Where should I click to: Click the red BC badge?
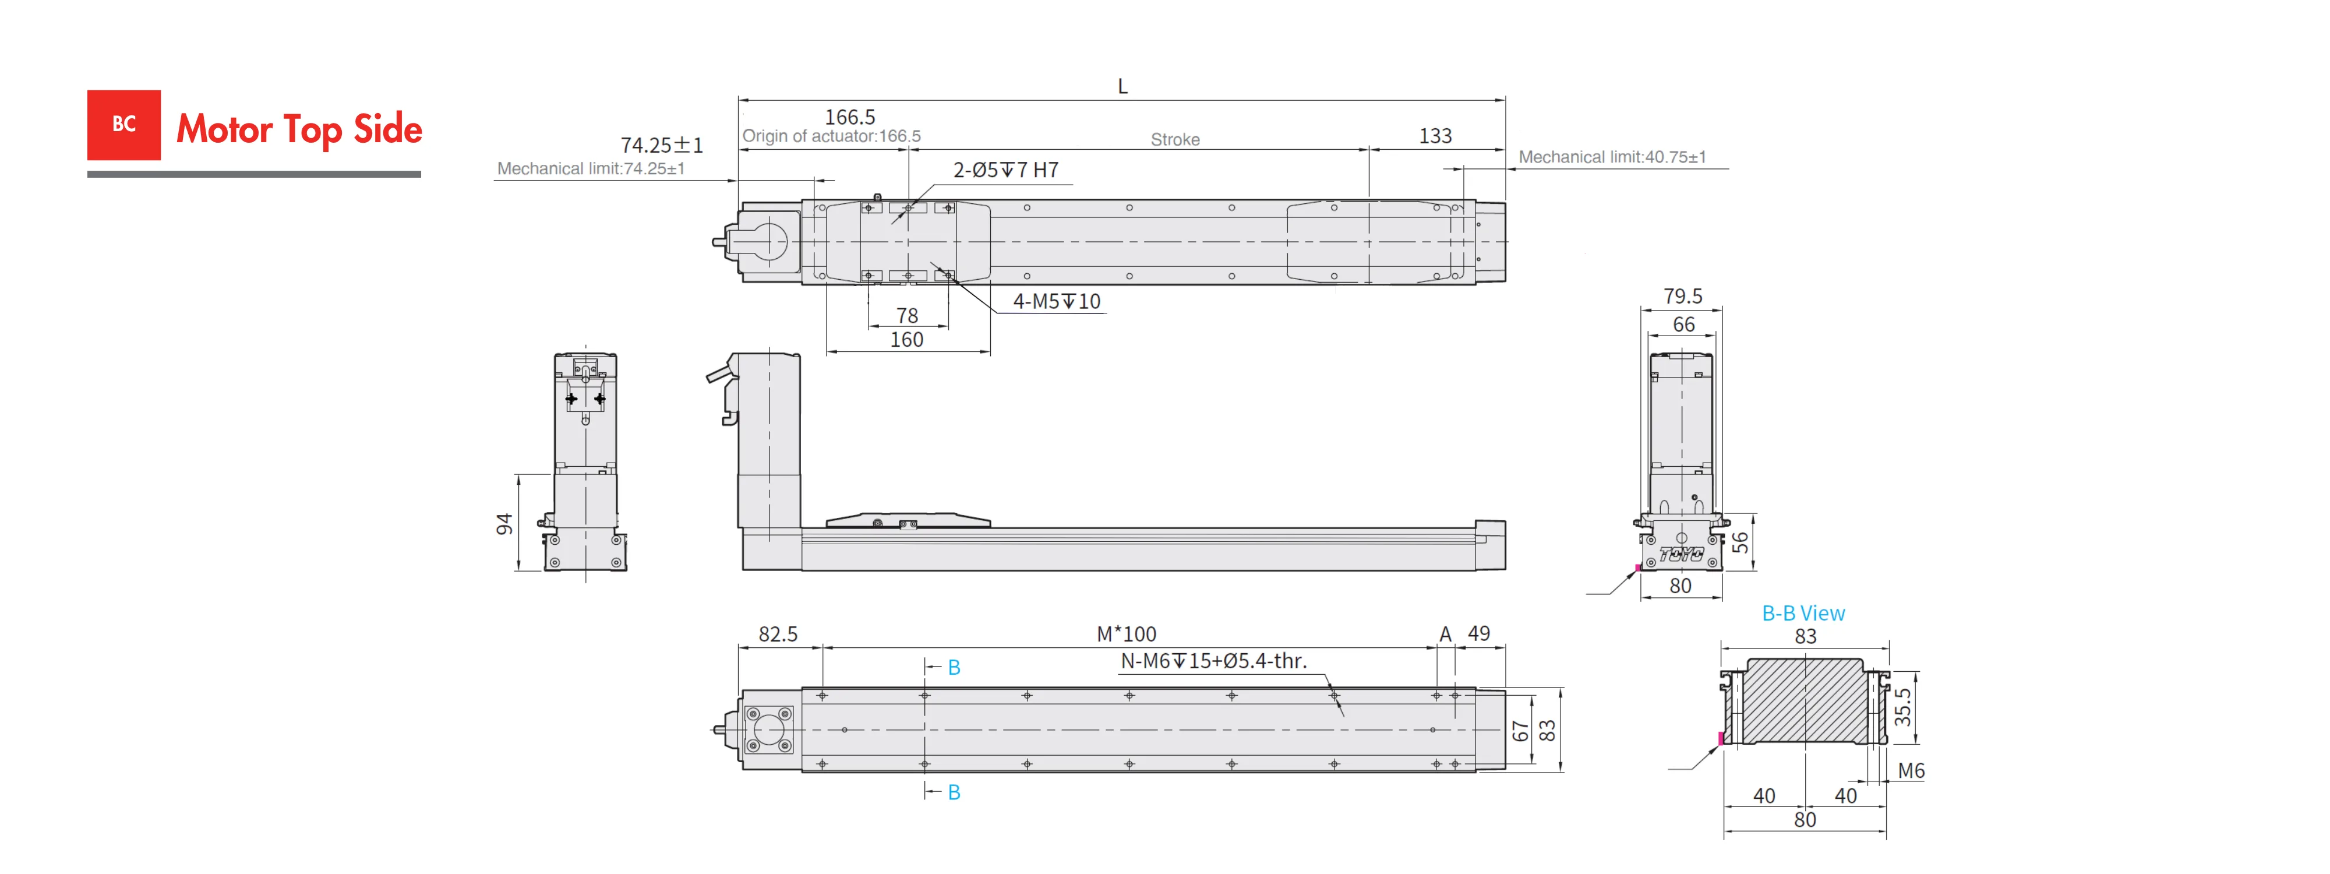point(124,125)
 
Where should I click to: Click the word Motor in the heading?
point(224,129)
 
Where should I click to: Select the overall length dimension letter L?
point(1122,86)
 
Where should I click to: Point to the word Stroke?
point(1175,139)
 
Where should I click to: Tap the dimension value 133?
point(1435,136)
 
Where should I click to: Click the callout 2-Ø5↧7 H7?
point(1006,170)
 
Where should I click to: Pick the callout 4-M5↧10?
point(1057,301)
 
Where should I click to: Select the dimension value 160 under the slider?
point(906,339)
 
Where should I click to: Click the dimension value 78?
point(907,315)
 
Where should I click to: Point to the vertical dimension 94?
point(504,524)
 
